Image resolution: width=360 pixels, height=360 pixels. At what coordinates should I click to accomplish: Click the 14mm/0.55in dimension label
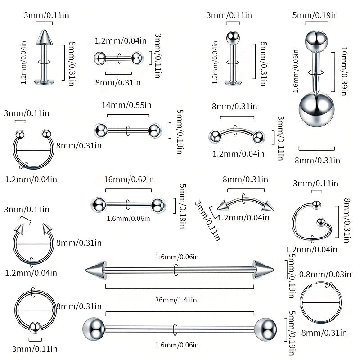(x=127, y=105)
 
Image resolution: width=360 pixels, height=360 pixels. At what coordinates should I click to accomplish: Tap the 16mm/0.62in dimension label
(x=129, y=179)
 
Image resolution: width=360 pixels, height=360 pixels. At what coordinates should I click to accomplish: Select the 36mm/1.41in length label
(x=176, y=300)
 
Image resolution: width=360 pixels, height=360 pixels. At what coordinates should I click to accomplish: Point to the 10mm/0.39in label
(x=344, y=71)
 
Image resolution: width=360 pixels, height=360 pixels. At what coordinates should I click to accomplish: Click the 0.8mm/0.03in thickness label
(x=325, y=274)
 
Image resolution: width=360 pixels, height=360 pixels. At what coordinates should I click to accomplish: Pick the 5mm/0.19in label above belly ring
(x=315, y=15)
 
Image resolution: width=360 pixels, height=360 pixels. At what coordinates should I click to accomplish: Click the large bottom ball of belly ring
(x=317, y=109)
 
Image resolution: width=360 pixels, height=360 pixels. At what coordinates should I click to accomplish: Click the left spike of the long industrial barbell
(x=96, y=270)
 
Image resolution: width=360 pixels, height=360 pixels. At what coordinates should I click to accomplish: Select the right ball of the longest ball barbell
(x=265, y=329)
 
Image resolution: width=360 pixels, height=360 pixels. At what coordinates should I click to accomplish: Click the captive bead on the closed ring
(x=35, y=328)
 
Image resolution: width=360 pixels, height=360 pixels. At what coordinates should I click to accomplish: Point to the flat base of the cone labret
(x=44, y=81)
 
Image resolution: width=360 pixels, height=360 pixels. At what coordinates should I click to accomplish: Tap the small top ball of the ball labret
(x=233, y=38)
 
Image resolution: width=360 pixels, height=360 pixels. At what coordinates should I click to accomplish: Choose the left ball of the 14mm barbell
(x=100, y=130)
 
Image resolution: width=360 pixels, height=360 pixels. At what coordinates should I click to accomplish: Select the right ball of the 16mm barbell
(x=158, y=205)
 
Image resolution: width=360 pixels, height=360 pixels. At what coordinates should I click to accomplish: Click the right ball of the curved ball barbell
(x=258, y=137)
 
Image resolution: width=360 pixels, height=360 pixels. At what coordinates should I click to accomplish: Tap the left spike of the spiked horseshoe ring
(x=19, y=229)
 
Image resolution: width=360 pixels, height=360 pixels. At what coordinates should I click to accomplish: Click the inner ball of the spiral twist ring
(x=321, y=222)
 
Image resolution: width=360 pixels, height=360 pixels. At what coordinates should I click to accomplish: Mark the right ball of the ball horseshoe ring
(x=47, y=134)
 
